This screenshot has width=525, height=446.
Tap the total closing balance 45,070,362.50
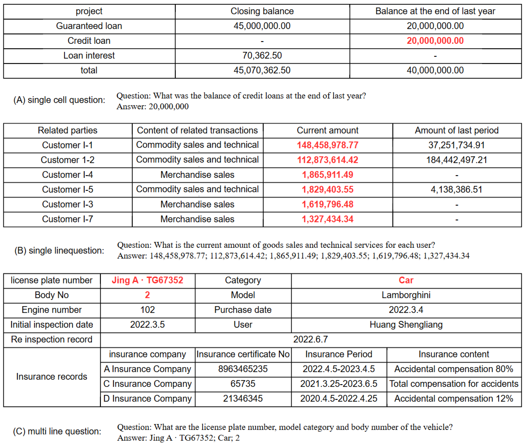262,70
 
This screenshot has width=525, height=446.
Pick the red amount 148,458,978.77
327,145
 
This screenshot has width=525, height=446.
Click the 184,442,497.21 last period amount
456,160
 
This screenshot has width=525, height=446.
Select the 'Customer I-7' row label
68,219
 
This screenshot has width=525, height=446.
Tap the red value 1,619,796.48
327,204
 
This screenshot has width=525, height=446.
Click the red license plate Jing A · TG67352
147,280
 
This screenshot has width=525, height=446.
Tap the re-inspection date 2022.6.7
311,339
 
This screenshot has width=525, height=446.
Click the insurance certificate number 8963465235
243,369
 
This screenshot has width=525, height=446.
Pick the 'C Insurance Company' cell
147,384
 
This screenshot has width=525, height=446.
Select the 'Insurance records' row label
52,376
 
